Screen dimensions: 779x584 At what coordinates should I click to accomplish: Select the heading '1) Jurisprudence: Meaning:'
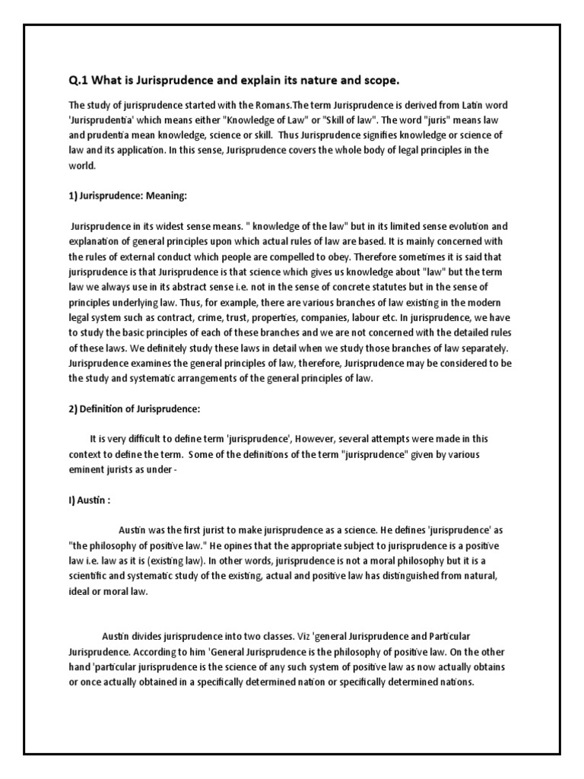pos(127,196)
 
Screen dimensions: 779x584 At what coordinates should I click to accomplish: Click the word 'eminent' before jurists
pos(87,469)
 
